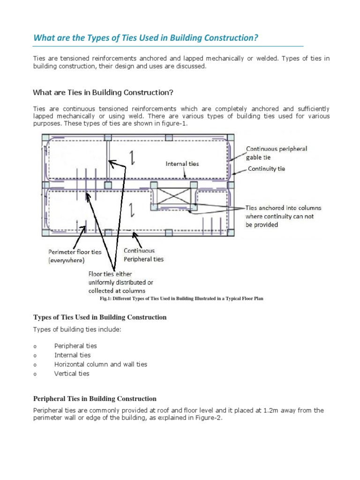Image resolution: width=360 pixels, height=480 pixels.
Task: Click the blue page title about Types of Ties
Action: pos(145,37)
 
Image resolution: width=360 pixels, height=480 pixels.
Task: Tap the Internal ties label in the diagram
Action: pos(182,164)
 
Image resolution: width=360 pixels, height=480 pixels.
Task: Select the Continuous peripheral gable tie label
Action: pos(277,153)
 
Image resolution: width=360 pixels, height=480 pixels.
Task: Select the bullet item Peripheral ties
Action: pos(75,346)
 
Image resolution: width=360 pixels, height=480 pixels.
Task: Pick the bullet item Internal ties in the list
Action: pos(72,355)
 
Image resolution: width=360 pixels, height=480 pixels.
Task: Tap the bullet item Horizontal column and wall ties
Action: pos(101,364)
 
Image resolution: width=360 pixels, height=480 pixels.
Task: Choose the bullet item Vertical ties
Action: pos(71,374)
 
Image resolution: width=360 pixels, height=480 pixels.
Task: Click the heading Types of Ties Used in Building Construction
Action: pos(100,317)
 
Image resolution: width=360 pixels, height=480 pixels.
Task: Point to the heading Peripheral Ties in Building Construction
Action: pos(95,399)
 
